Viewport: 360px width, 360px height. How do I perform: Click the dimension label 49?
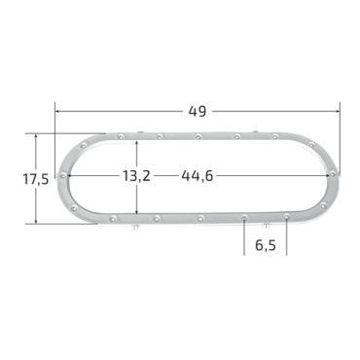click(198, 111)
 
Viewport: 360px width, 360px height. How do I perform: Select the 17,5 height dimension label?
click(36, 179)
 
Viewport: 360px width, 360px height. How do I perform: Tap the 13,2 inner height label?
click(136, 176)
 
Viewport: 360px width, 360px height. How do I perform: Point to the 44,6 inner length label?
click(198, 176)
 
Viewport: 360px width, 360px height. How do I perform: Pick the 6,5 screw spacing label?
click(266, 245)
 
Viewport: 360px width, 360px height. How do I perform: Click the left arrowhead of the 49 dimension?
click(58, 111)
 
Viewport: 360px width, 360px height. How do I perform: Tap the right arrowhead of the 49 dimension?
click(337, 111)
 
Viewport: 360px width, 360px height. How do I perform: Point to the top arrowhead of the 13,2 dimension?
click(137, 144)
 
